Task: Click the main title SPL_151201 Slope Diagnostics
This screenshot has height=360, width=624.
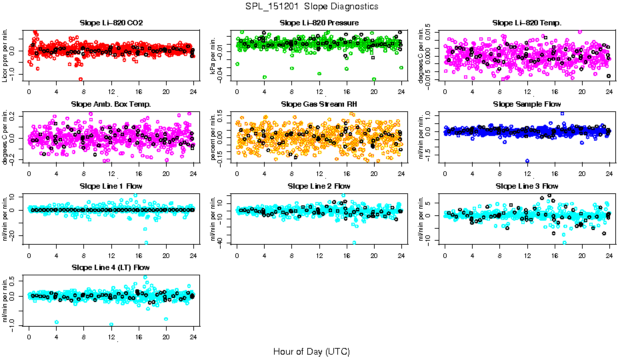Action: click(311, 6)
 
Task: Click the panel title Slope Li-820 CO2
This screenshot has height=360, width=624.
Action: click(111, 23)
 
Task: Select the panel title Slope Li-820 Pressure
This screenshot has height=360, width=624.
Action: click(319, 23)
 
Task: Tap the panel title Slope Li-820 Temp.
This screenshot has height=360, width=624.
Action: click(527, 23)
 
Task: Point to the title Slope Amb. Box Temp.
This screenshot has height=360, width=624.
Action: click(111, 104)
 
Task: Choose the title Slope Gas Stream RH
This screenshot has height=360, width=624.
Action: click(319, 104)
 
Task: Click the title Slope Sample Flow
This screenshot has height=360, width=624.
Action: click(527, 104)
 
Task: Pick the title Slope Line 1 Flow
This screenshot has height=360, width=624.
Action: click(111, 185)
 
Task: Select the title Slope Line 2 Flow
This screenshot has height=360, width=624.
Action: click(319, 185)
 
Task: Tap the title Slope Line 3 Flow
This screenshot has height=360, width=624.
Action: click(527, 185)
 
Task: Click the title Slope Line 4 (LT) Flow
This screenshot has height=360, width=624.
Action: click(111, 267)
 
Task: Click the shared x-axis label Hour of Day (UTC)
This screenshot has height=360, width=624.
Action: click(311, 351)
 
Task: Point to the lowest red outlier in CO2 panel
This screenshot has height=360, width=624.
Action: click(81, 79)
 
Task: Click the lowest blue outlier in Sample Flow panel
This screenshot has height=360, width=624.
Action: click(527, 161)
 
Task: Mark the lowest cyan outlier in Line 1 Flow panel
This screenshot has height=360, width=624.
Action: click(146, 243)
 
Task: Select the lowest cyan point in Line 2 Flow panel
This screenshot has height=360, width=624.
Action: click(354, 243)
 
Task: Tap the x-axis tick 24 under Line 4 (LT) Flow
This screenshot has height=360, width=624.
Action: click(193, 337)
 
